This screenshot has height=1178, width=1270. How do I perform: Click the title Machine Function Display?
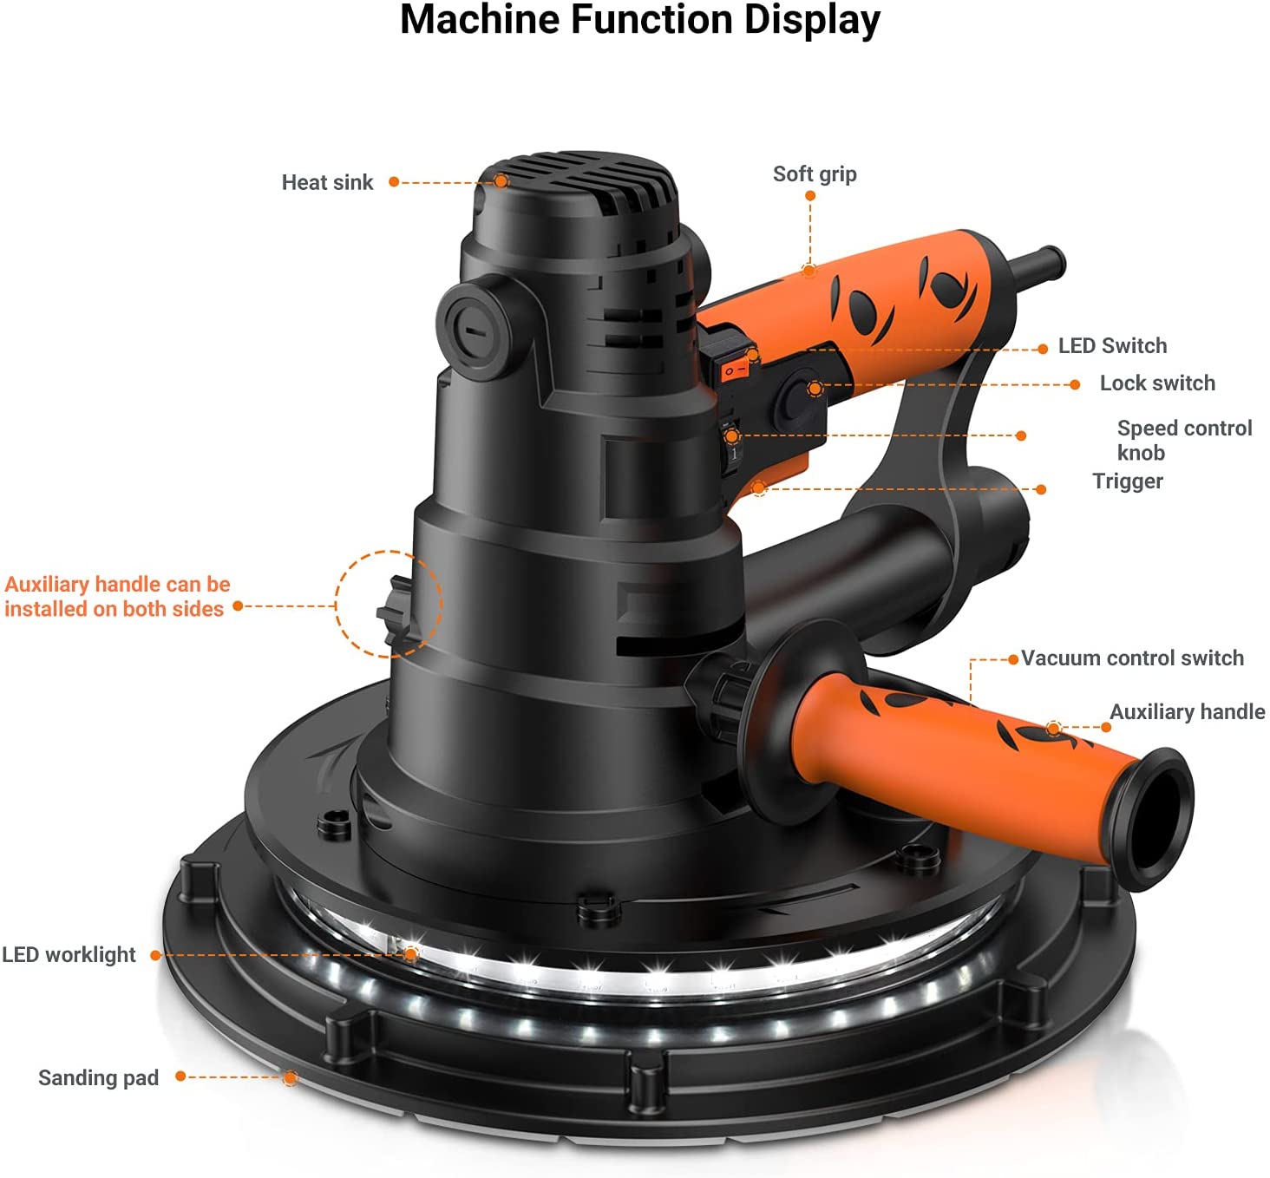pyautogui.click(x=639, y=21)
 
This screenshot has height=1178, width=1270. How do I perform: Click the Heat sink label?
pyautogui.click(x=327, y=183)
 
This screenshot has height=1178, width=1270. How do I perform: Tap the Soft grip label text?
pyautogui.click(x=815, y=174)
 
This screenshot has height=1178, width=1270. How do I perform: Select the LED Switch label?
pyautogui.click(x=1112, y=346)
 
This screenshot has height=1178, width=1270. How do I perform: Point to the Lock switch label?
pyautogui.click(x=1156, y=383)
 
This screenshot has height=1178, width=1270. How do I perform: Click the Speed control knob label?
pyautogui.click(x=1183, y=440)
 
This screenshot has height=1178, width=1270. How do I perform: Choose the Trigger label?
pyautogui.click(x=1127, y=481)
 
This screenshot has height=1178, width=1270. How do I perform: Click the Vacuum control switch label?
pyautogui.click(x=1132, y=658)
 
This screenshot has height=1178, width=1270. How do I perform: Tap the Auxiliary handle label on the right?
pyautogui.click(x=1187, y=712)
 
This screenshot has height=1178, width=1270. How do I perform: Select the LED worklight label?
pyautogui.click(x=69, y=955)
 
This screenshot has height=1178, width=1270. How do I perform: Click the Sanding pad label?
pyautogui.click(x=98, y=1078)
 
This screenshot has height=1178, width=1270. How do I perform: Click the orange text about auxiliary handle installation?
pyautogui.click(x=117, y=597)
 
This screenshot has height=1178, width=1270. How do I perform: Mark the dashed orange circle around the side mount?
pyautogui.click(x=389, y=604)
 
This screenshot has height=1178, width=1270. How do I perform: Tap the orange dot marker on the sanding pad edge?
pyautogui.click(x=290, y=1078)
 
